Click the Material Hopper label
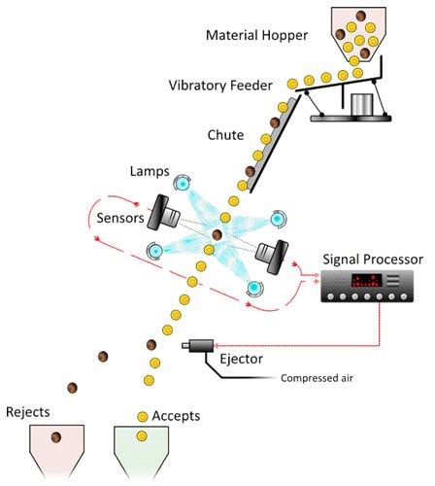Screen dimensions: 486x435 coord(256,37)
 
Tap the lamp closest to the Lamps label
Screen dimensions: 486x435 coord(182,182)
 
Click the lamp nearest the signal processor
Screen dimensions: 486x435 coord(254,289)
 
